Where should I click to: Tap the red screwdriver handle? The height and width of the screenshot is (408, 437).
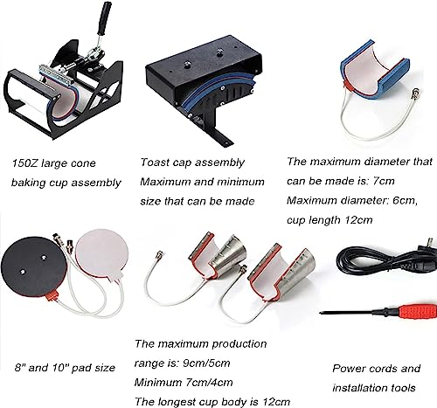pyautogui.click(x=417, y=312)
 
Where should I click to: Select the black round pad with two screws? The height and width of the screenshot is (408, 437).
pyautogui.click(x=34, y=266)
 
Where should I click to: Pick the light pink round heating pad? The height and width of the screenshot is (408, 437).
pyautogui.click(x=101, y=254)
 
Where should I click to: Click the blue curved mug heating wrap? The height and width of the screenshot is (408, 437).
pyautogui.click(x=374, y=72)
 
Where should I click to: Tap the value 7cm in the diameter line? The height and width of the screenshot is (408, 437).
pyautogui.click(x=384, y=181)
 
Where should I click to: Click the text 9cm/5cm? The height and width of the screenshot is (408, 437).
pyautogui.click(x=206, y=363)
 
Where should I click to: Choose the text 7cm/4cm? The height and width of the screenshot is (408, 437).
pyautogui.click(x=209, y=383)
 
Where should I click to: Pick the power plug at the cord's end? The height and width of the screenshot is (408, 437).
pyautogui.click(x=427, y=246)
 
